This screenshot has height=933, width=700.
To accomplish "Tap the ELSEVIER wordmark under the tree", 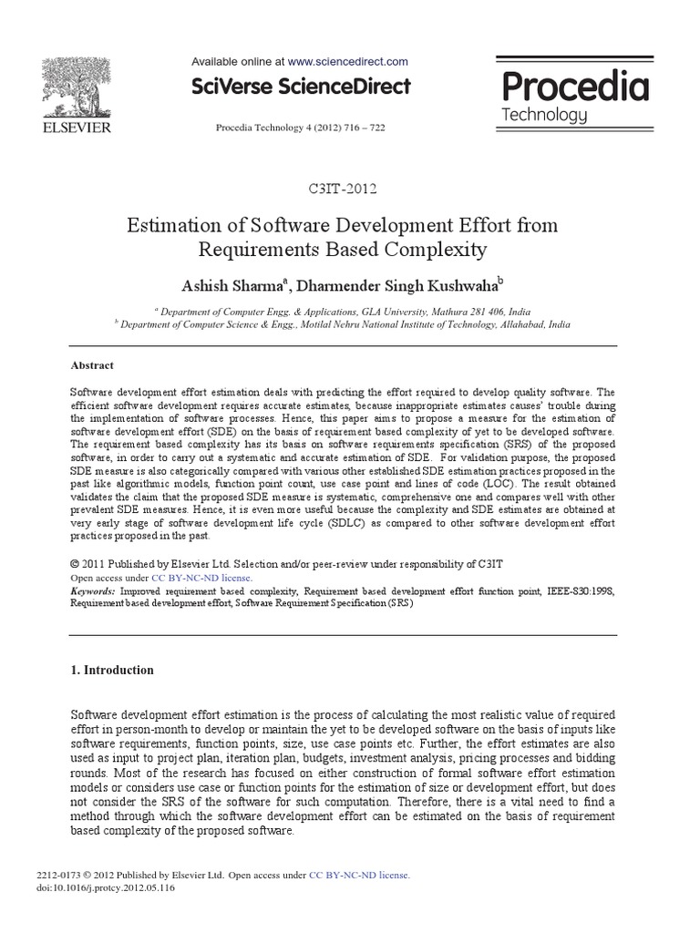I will click(76, 128).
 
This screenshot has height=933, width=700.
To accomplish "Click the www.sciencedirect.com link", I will click(347, 61).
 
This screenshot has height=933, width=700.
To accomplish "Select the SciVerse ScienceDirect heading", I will click(301, 87).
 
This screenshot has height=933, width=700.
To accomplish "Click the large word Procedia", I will click(575, 87).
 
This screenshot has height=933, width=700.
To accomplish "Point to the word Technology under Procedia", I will click(545, 116).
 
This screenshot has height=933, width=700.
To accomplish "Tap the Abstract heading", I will click(92, 365).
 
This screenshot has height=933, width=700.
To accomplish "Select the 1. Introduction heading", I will click(112, 670).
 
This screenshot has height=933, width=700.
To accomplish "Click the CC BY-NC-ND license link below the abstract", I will click(201, 578).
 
